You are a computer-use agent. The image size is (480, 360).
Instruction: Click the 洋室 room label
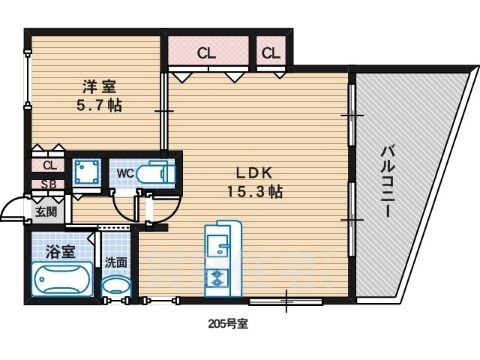(x=99, y=87)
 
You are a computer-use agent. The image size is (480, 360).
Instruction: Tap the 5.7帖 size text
(x=99, y=106)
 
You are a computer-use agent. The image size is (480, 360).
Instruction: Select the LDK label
(x=254, y=173)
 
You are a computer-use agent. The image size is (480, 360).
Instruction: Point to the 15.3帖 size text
(x=254, y=192)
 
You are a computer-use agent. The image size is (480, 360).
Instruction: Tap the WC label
(x=125, y=173)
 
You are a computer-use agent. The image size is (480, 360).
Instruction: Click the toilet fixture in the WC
(x=156, y=174)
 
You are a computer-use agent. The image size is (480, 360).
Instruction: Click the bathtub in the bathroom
(x=62, y=279)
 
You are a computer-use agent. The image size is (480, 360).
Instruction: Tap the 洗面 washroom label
(x=116, y=262)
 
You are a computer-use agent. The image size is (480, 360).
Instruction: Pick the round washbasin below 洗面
(x=116, y=286)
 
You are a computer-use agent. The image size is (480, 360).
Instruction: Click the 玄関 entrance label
(x=46, y=211)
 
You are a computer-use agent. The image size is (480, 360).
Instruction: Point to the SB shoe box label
(x=49, y=184)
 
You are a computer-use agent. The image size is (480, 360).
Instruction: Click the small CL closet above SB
(x=48, y=166)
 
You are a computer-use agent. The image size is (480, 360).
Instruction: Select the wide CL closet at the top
(x=208, y=50)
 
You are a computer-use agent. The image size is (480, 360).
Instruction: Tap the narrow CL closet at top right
(x=271, y=50)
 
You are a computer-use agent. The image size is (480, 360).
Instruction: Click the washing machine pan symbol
(x=87, y=172)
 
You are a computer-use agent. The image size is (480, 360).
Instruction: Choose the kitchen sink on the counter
(x=217, y=245)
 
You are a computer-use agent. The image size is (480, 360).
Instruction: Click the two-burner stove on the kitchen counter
(x=217, y=278)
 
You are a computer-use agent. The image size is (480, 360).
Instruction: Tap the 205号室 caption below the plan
(x=228, y=323)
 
